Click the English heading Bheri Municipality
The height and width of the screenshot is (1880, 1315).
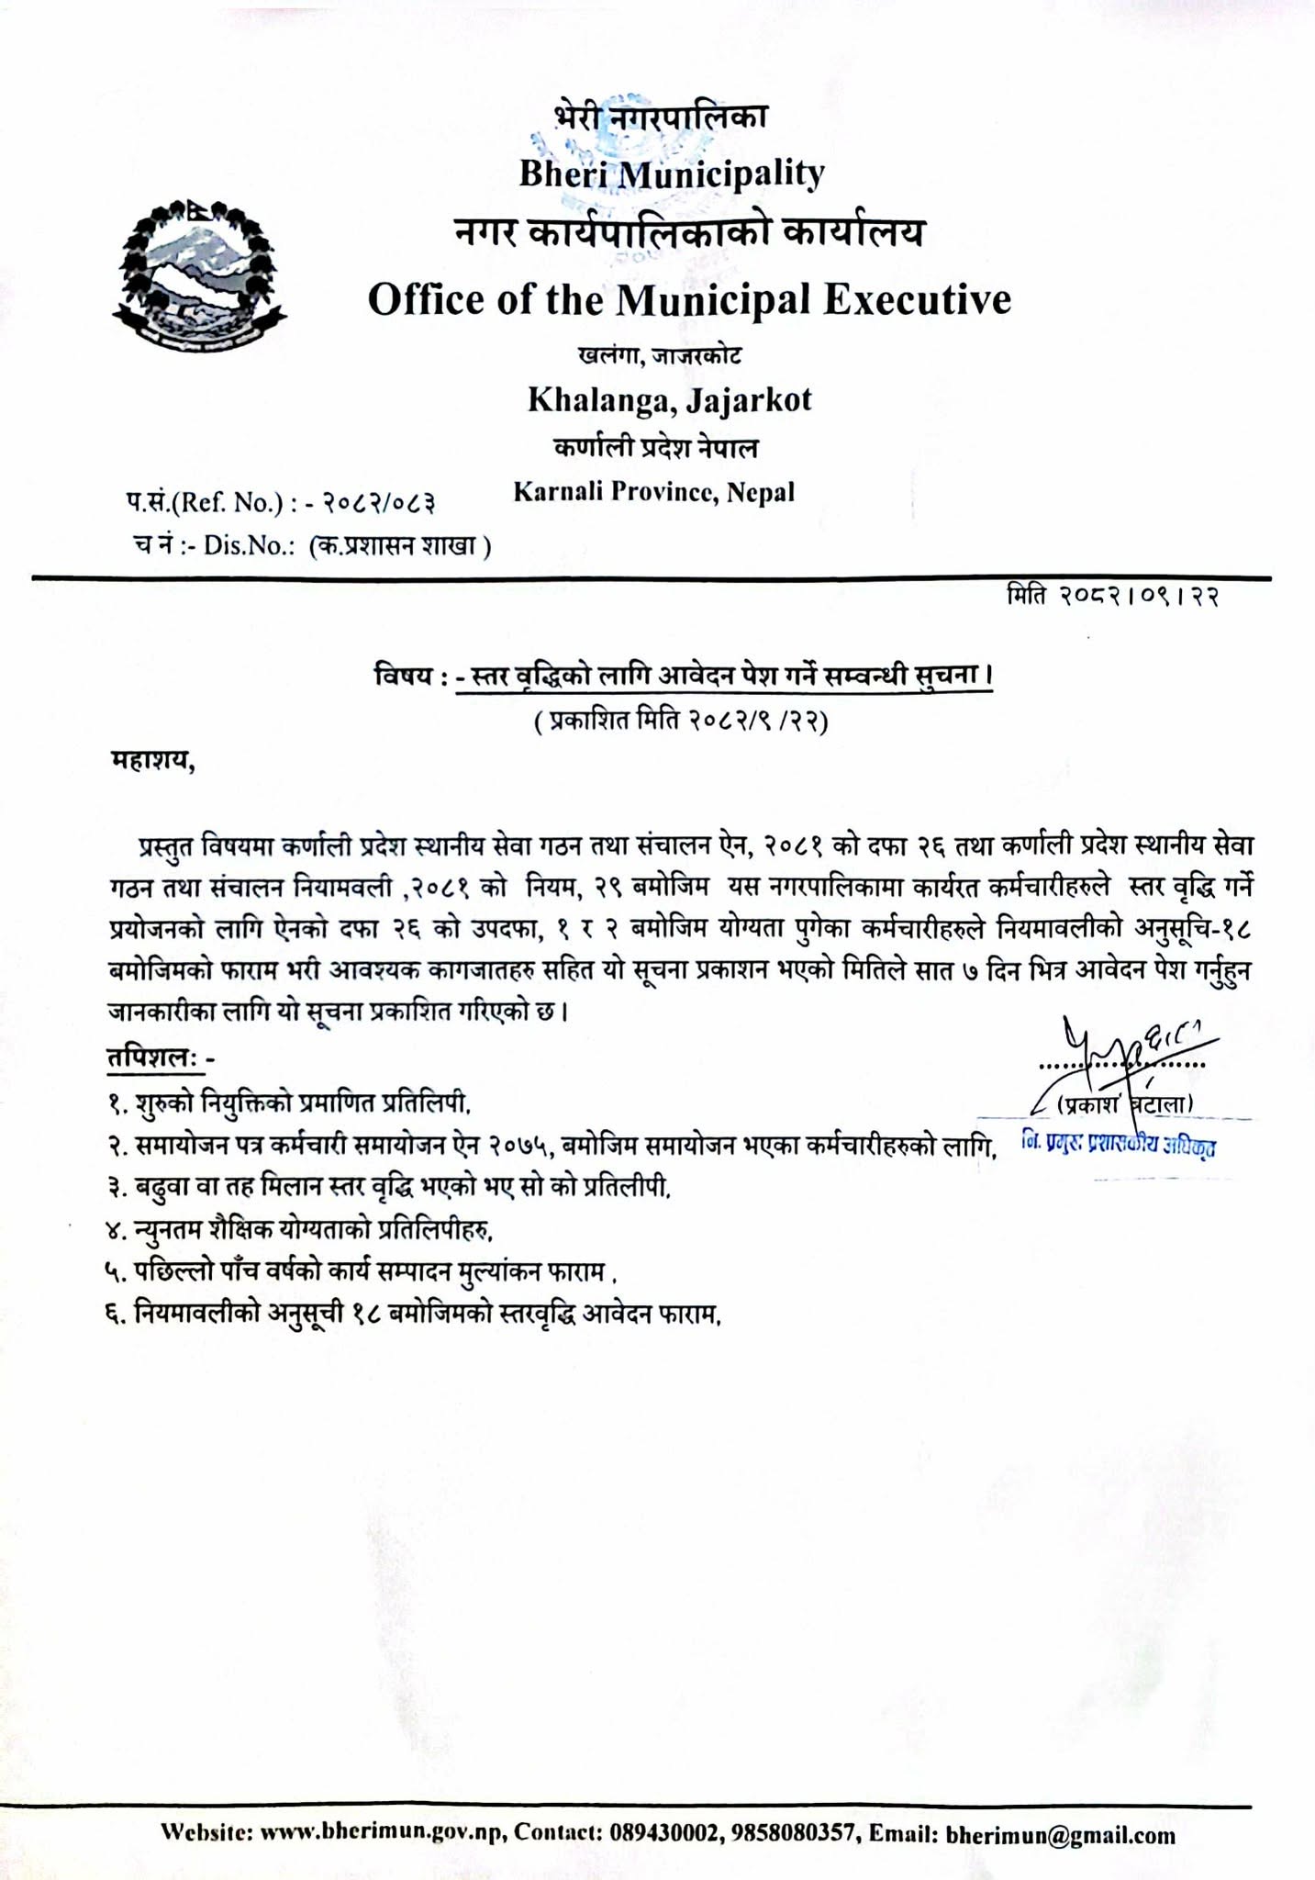coord(672,173)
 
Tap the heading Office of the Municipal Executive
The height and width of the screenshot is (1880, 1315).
coord(689,299)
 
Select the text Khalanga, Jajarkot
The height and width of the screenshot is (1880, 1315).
coord(669,399)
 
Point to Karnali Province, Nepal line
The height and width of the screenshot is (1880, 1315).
coord(653,492)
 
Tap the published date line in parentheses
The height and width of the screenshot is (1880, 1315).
coord(680,722)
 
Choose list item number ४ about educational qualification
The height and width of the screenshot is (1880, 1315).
coord(306,1228)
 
